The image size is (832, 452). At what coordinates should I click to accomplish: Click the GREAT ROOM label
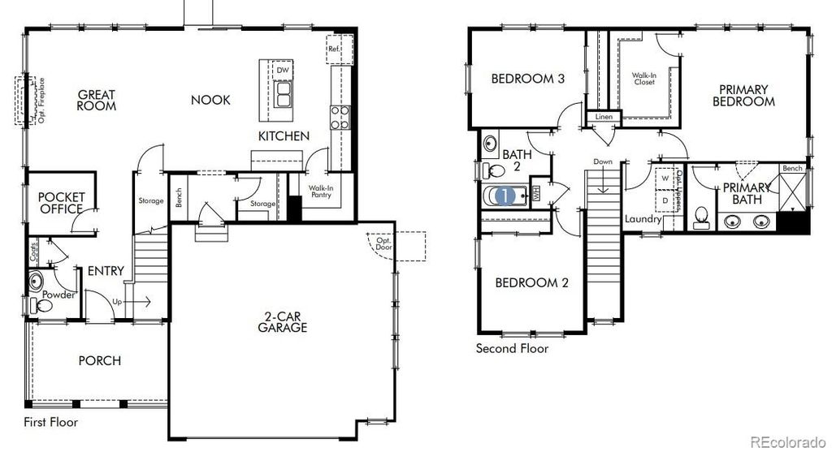[97, 101]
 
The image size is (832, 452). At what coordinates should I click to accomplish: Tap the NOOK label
[210, 100]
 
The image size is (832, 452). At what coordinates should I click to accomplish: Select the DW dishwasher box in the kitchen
[282, 71]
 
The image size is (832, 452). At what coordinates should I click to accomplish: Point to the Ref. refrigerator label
[334, 49]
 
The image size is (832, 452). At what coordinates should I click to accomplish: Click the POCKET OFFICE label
[62, 203]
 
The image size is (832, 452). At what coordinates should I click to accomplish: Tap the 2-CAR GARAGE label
[283, 322]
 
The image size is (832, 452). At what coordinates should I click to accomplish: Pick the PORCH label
[99, 360]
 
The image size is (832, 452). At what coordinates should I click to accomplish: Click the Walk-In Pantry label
[319, 192]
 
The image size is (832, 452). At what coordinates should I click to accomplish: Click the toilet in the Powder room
[35, 306]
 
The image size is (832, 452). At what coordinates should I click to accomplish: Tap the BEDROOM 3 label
[528, 79]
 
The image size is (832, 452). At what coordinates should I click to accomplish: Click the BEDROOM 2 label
[531, 283]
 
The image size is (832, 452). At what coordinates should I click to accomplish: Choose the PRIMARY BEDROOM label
[743, 96]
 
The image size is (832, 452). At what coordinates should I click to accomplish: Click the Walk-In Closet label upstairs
[643, 79]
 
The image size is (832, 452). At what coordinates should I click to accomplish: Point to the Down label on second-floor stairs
[602, 162]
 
